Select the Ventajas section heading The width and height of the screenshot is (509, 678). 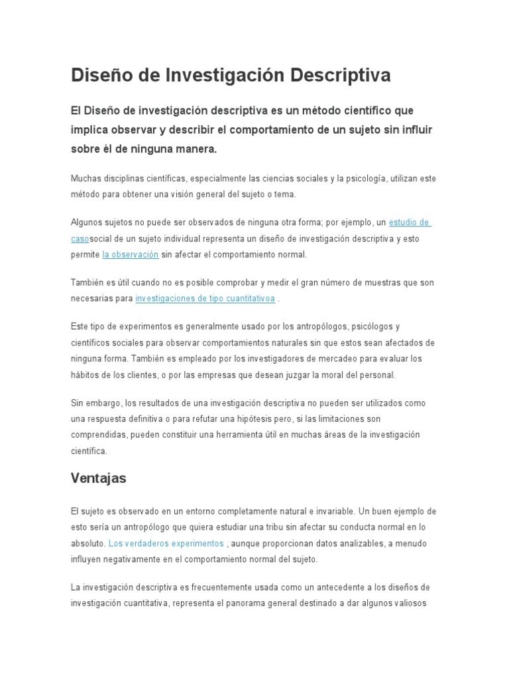pyautogui.click(x=98, y=478)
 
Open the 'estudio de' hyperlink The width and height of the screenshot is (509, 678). pyautogui.click(x=410, y=222)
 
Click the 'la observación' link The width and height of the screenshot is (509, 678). pyautogui.click(x=131, y=254)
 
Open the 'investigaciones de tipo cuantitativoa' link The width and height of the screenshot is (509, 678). pyautogui.click(x=205, y=299)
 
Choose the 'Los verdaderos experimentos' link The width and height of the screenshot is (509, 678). pyautogui.click(x=166, y=544)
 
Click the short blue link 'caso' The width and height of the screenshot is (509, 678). pyautogui.click(x=80, y=238)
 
